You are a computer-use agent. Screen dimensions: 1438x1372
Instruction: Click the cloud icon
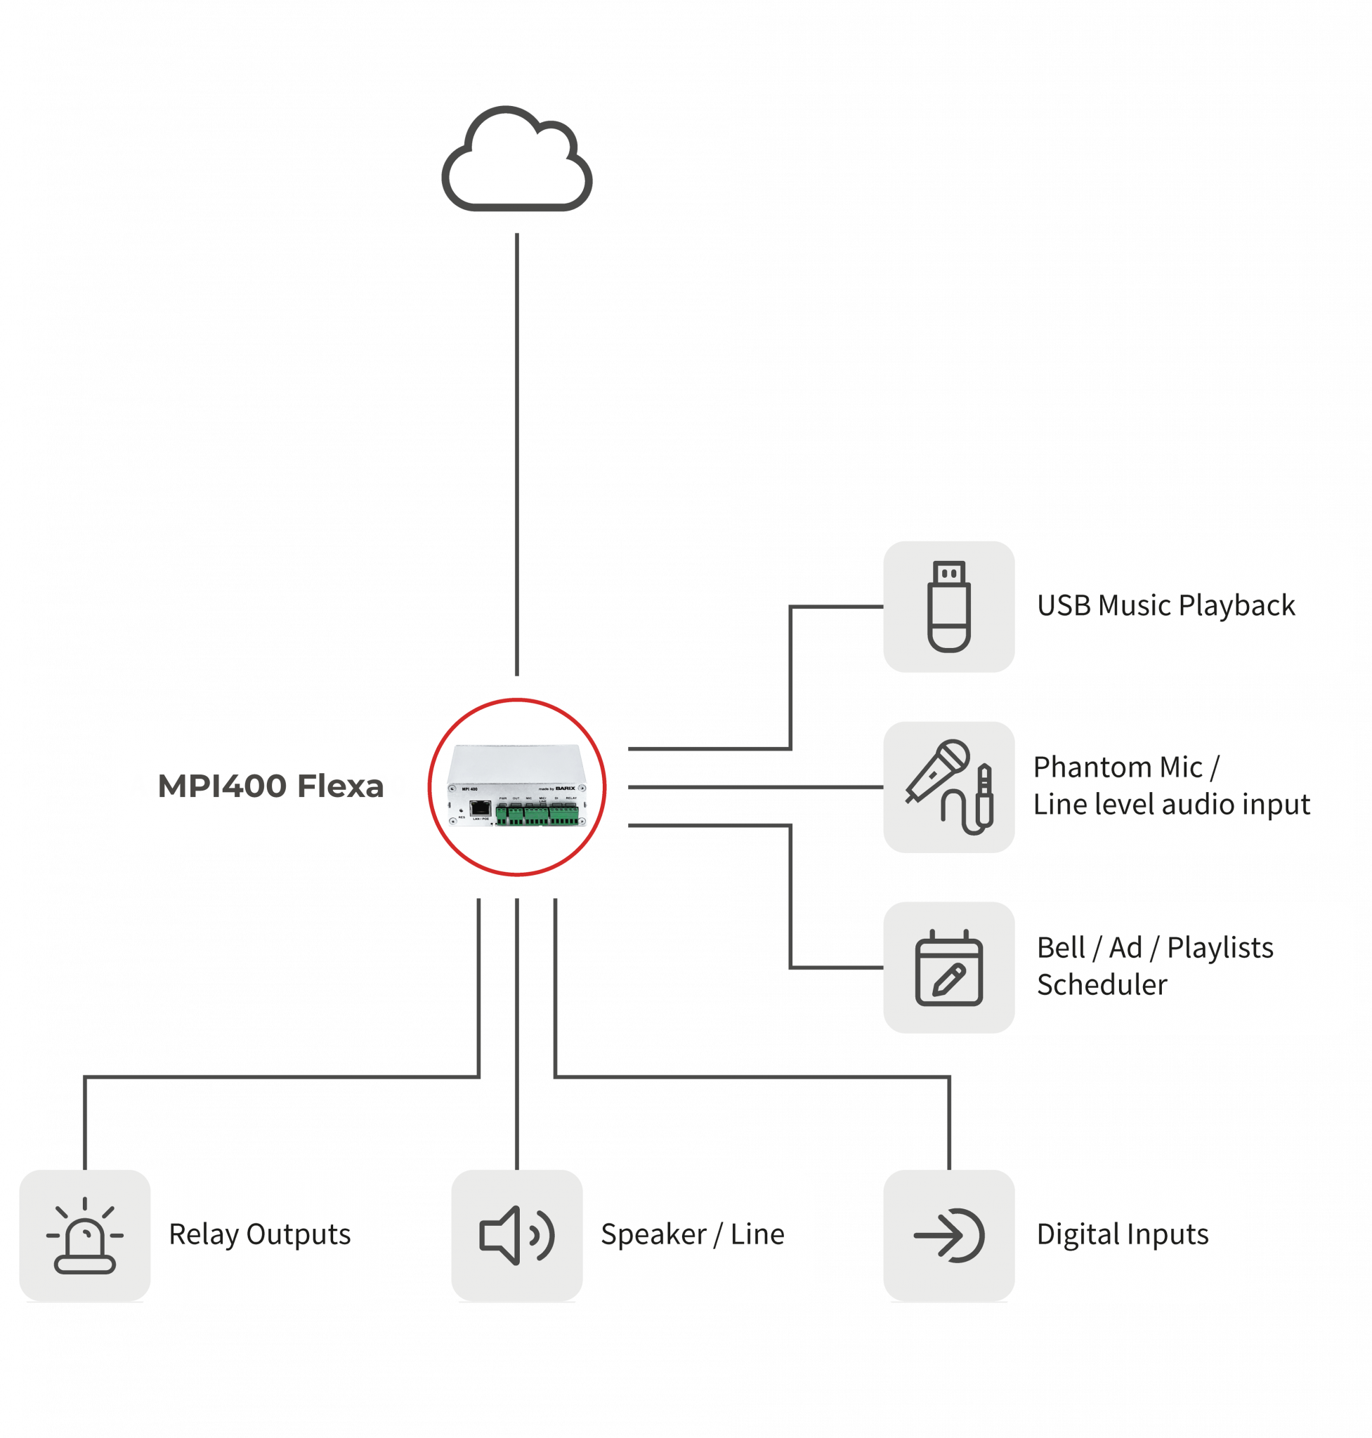point(516,161)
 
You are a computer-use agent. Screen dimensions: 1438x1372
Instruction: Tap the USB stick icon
point(948,606)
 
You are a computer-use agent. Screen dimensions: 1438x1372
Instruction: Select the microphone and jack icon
point(948,786)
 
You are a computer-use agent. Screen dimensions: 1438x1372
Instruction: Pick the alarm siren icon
point(85,1235)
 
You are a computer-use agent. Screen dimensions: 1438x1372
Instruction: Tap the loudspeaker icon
point(516,1235)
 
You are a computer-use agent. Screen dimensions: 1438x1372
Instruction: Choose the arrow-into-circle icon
point(948,1235)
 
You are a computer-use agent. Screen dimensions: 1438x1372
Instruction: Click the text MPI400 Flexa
point(270,786)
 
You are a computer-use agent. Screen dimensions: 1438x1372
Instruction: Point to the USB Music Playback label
point(1165,605)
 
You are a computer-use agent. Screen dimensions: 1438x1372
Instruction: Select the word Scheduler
point(1102,984)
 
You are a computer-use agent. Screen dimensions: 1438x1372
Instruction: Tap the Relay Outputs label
point(260,1234)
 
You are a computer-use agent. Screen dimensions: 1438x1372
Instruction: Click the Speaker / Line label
point(692,1234)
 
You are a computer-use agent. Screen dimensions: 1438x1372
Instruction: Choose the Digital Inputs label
point(1122,1234)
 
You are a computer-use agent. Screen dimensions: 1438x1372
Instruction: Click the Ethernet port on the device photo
point(480,808)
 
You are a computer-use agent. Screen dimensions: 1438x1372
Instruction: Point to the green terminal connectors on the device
point(537,814)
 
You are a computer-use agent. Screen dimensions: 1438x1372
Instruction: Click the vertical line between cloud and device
point(516,454)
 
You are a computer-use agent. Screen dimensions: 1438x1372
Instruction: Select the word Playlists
point(1220,947)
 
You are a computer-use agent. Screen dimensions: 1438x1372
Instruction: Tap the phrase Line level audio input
point(1171,804)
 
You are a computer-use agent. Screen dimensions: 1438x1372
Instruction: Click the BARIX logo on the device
point(566,788)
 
